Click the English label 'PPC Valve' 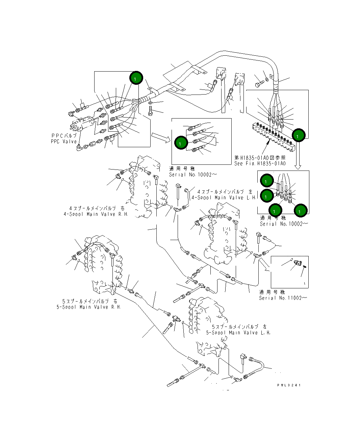coord(64,141)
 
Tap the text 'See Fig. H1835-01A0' coord(260,163)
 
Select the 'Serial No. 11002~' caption coord(283,298)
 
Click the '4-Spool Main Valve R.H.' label coord(96,214)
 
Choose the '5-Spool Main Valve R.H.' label coord(89,307)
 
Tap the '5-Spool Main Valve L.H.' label coord(238,333)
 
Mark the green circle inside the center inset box coord(180,143)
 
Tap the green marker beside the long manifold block coord(299,135)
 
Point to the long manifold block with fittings coord(274,135)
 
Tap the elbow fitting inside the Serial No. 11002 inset coord(299,263)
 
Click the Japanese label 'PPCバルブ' coord(64,136)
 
